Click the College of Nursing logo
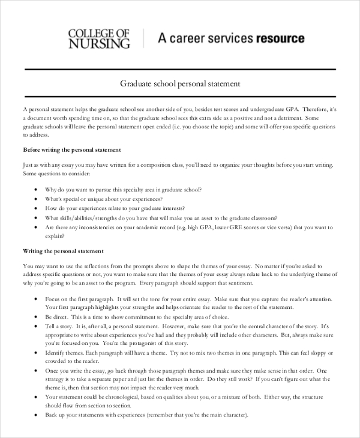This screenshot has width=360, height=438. (99, 38)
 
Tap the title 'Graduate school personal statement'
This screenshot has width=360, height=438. (180, 84)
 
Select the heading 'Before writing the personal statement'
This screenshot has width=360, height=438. (72, 149)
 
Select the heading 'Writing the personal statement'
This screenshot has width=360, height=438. (63, 251)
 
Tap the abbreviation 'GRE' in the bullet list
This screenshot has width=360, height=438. (230, 227)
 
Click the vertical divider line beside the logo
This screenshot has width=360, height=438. (144, 39)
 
